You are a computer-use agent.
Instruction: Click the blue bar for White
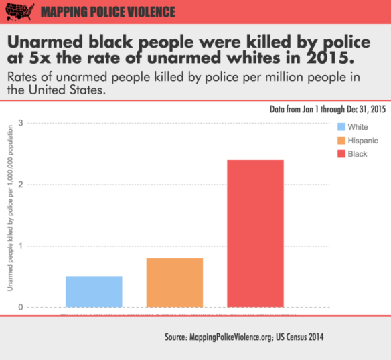tap(94, 292)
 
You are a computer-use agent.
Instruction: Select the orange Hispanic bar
tap(175, 282)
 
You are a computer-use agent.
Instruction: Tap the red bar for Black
tap(255, 234)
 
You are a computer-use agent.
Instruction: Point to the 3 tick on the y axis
tap(20, 123)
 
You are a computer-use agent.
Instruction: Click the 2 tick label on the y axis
tap(20, 185)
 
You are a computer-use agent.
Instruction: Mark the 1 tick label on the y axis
tap(20, 246)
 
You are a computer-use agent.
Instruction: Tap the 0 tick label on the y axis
tap(20, 308)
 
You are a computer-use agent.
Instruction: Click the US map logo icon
tap(17, 11)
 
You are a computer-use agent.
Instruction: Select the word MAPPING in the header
tap(64, 12)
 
